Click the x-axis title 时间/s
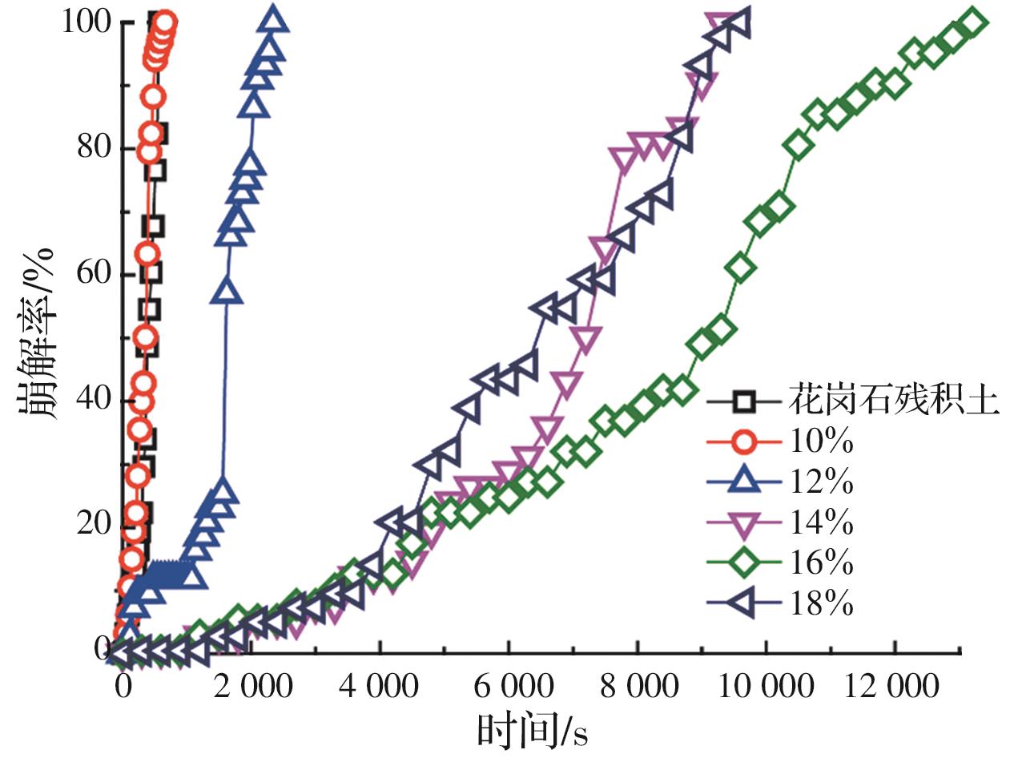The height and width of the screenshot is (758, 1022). click(x=532, y=729)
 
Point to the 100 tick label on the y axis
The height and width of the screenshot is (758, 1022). click(x=86, y=22)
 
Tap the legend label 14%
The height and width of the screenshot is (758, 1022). click(x=822, y=523)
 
